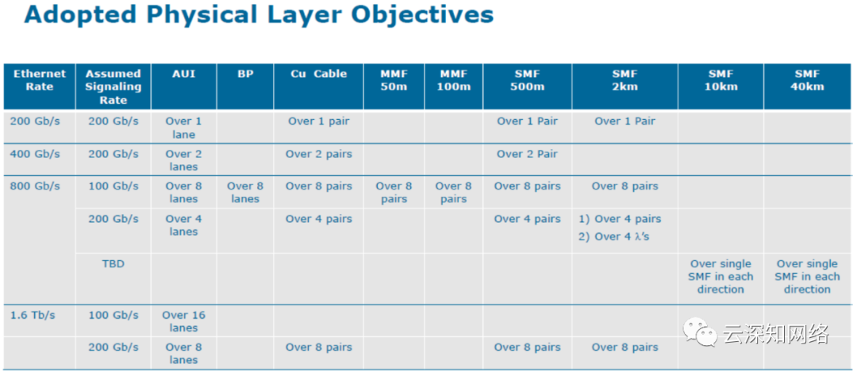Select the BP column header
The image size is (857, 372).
coord(245,74)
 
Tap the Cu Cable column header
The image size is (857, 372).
coord(319,74)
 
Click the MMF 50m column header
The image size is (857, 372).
coord(394,80)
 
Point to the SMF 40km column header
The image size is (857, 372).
coord(807,80)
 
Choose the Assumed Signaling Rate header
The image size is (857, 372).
coord(113,87)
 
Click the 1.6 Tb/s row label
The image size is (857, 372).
coord(33,315)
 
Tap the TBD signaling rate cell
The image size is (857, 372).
coord(113,264)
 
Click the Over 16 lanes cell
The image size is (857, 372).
coord(183,322)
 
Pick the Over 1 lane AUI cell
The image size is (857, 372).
coord(183,128)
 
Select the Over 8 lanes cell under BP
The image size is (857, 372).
coord(245,192)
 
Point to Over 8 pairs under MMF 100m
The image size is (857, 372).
coord(454,192)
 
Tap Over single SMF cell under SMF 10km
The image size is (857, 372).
coord(721,276)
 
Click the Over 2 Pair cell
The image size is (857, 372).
coord(527,154)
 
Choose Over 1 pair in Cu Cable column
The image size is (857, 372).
coord(319,121)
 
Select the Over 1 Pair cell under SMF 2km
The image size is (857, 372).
coord(624,121)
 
